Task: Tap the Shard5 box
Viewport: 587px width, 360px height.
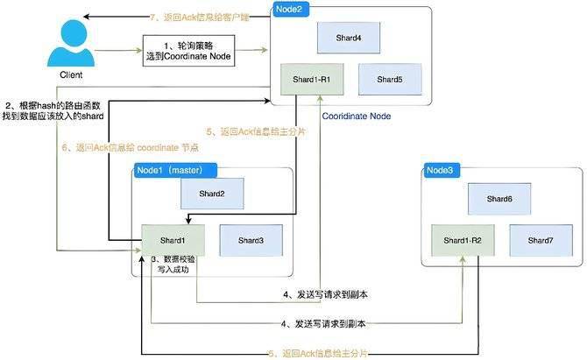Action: point(390,80)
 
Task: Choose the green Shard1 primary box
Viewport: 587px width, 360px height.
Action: point(173,240)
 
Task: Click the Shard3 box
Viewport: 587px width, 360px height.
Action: point(251,240)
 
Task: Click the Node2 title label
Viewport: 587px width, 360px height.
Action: point(293,11)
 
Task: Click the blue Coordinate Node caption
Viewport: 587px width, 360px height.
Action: point(356,115)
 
